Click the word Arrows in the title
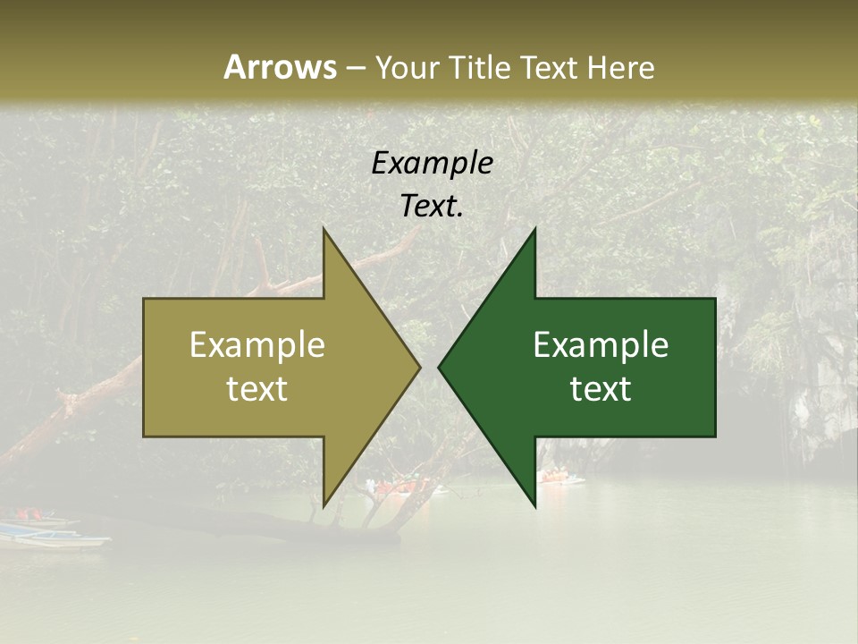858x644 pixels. [279, 67]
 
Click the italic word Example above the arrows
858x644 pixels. [432, 164]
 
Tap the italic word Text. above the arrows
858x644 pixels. [432, 207]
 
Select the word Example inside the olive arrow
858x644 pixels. [257, 345]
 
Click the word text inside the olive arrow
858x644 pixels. [257, 389]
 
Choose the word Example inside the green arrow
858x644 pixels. [601, 345]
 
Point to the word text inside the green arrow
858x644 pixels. [601, 389]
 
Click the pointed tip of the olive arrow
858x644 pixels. [419, 367]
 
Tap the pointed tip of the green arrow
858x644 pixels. [439, 367]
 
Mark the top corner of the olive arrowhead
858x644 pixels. [324, 230]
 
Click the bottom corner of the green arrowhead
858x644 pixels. [534, 505]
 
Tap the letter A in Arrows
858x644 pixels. [234, 67]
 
